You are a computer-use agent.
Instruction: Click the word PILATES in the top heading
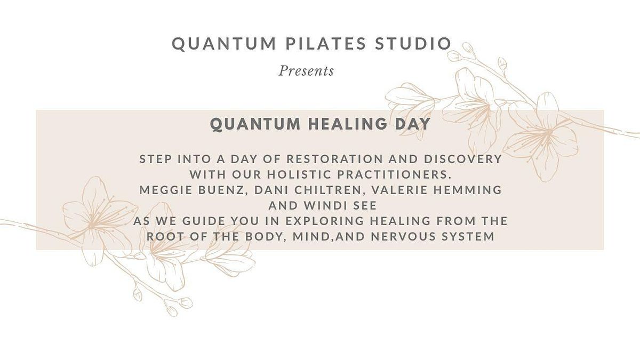pyautogui.click(x=326, y=43)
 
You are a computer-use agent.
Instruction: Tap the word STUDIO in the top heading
pyautogui.click(x=413, y=43)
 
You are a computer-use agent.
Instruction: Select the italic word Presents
pyautogui.click(x=306, y=71)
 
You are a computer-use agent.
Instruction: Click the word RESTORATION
pyautogui.click(x=334, y=159)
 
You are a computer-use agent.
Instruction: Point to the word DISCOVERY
pyautogui.click(x=463, y=159)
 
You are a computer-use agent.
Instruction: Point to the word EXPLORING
pyautogui.click(x=325, y=221)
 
